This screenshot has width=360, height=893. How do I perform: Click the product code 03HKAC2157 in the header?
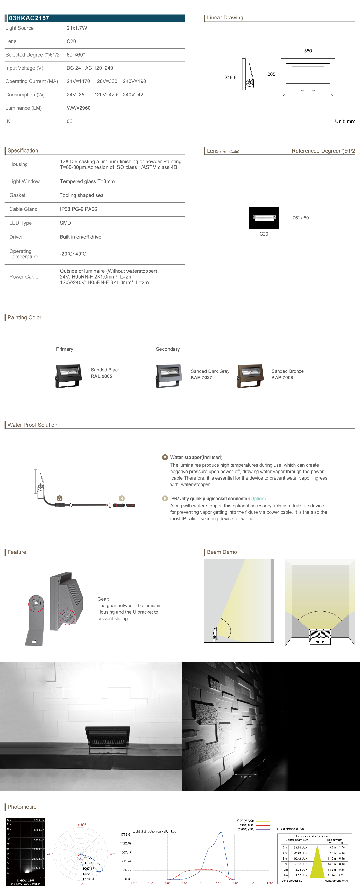[x=29, y=18]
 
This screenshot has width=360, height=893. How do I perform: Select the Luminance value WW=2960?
[x=79, y=108]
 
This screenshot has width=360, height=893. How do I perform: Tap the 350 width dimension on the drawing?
[x=308, y=51]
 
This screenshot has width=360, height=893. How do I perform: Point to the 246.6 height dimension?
[x=230, y=77]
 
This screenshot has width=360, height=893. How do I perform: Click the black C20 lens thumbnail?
[x=264, y=218]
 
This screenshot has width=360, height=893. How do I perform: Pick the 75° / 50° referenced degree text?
[x=301, y=218]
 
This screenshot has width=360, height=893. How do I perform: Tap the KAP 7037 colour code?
[x=201, y=378]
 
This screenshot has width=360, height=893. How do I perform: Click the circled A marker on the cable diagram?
[x=60, y=498]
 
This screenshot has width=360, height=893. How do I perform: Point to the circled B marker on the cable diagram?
[x=122, y=498]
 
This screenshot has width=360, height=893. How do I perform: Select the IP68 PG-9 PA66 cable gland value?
[x=78, y=209]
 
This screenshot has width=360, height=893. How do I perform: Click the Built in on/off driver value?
[x=81, y=237]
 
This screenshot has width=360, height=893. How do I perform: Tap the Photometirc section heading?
[x=22, y=807]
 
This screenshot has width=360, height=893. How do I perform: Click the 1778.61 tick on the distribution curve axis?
[x=126, y=834]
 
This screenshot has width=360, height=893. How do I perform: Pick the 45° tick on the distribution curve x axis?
[x=218, y=883]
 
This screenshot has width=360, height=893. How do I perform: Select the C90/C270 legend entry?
[x=246, y=829]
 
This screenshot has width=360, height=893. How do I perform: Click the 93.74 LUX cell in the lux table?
[x=300, y=848]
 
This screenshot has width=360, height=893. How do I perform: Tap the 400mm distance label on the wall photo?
[x=246, y=777]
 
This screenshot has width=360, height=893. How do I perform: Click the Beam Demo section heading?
[x=222, y=552]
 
